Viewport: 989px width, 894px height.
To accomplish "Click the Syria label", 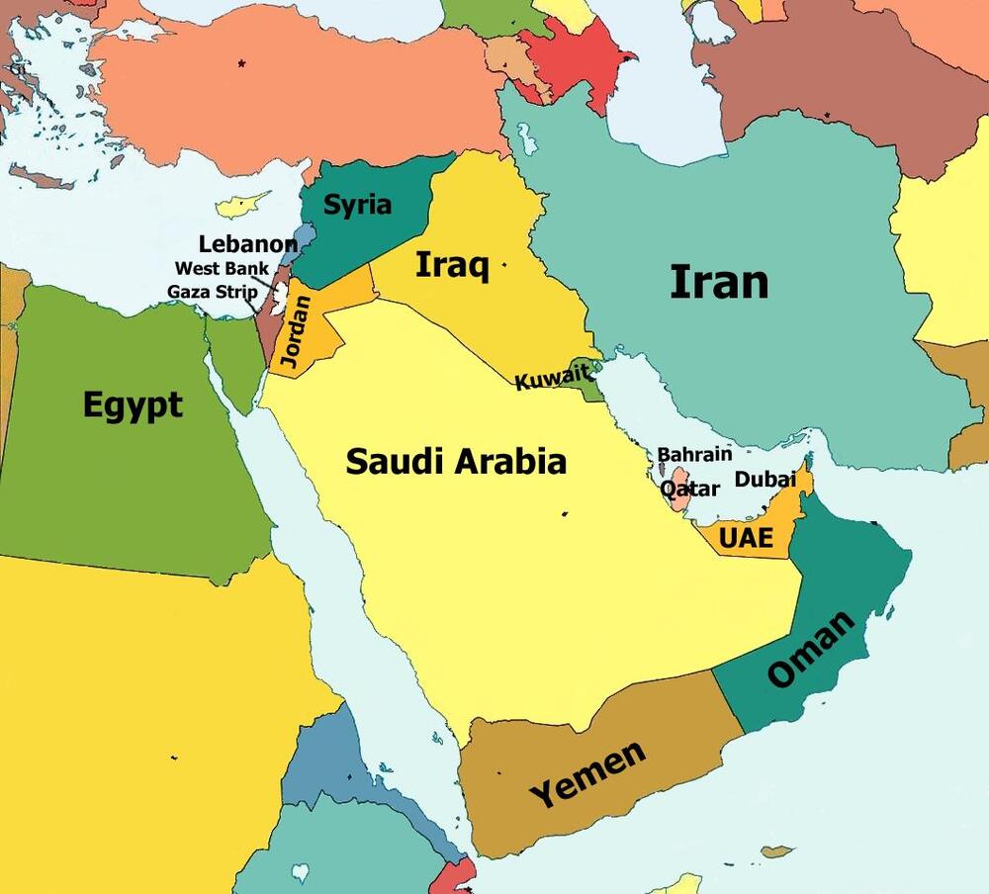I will [x=358, y=206].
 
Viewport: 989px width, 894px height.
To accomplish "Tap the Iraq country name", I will [x=452, y=265].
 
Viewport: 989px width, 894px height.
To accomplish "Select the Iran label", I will [x=719, y=282].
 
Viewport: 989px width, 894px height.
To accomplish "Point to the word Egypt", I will [x=133, y=404].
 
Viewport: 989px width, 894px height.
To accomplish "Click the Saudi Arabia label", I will [x=456, y=461].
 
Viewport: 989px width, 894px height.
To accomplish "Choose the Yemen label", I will [x=587, y=774].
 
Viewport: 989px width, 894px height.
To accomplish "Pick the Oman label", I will [x=810, y=650].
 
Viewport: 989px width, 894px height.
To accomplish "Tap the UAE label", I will [x=746, y=539].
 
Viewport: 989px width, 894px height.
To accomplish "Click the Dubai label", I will [x=764, y=480].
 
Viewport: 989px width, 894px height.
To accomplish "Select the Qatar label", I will [x=689, y=490].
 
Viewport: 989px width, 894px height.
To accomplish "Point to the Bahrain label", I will [x=694, y=455].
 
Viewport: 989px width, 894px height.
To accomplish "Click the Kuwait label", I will [x=552, y=377].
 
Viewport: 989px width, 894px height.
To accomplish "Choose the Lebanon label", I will [x=247, y=244].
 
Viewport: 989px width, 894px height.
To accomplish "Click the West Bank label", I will [x=222, y=268].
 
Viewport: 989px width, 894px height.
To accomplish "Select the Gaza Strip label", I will [x=212, y=292].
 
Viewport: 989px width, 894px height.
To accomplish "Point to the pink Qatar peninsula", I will [x=679, y=494].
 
